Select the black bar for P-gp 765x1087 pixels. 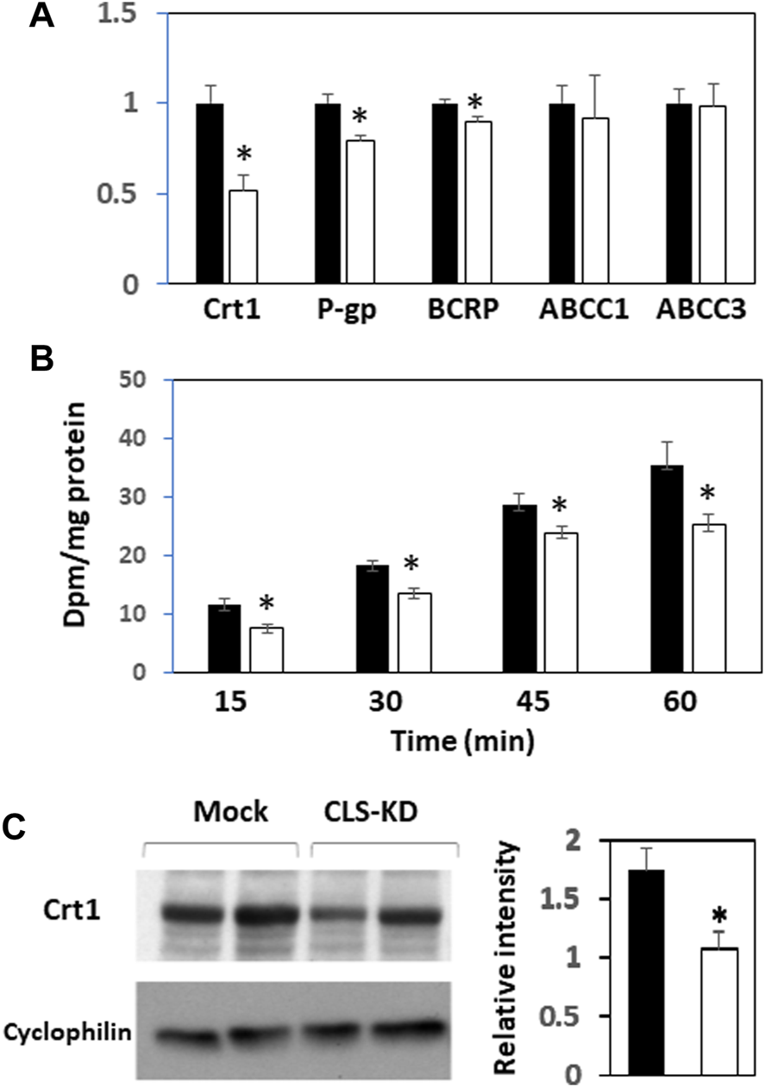pyautogui.click(x=328, y=193)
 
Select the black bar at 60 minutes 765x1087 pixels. pyautogui.click(x=667, y=569)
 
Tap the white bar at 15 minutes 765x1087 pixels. pyautogui.click(x=266, y=650)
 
